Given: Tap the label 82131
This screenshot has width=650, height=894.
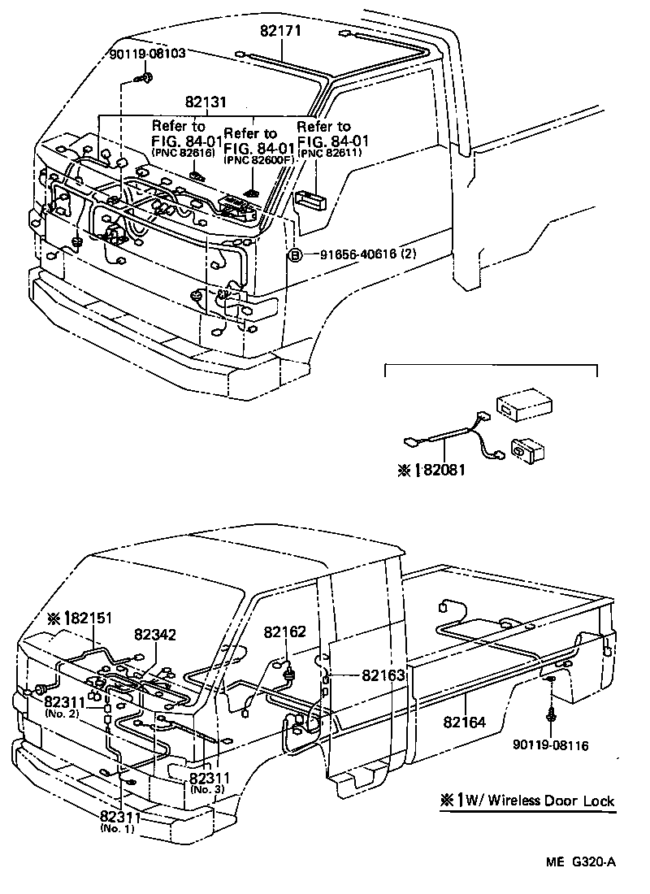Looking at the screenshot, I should pos(205,103).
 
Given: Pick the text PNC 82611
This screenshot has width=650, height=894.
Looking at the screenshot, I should pos(328,152).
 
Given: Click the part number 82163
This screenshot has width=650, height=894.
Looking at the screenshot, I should pos(382,674).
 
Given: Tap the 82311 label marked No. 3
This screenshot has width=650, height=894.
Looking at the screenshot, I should pos(210,778).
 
